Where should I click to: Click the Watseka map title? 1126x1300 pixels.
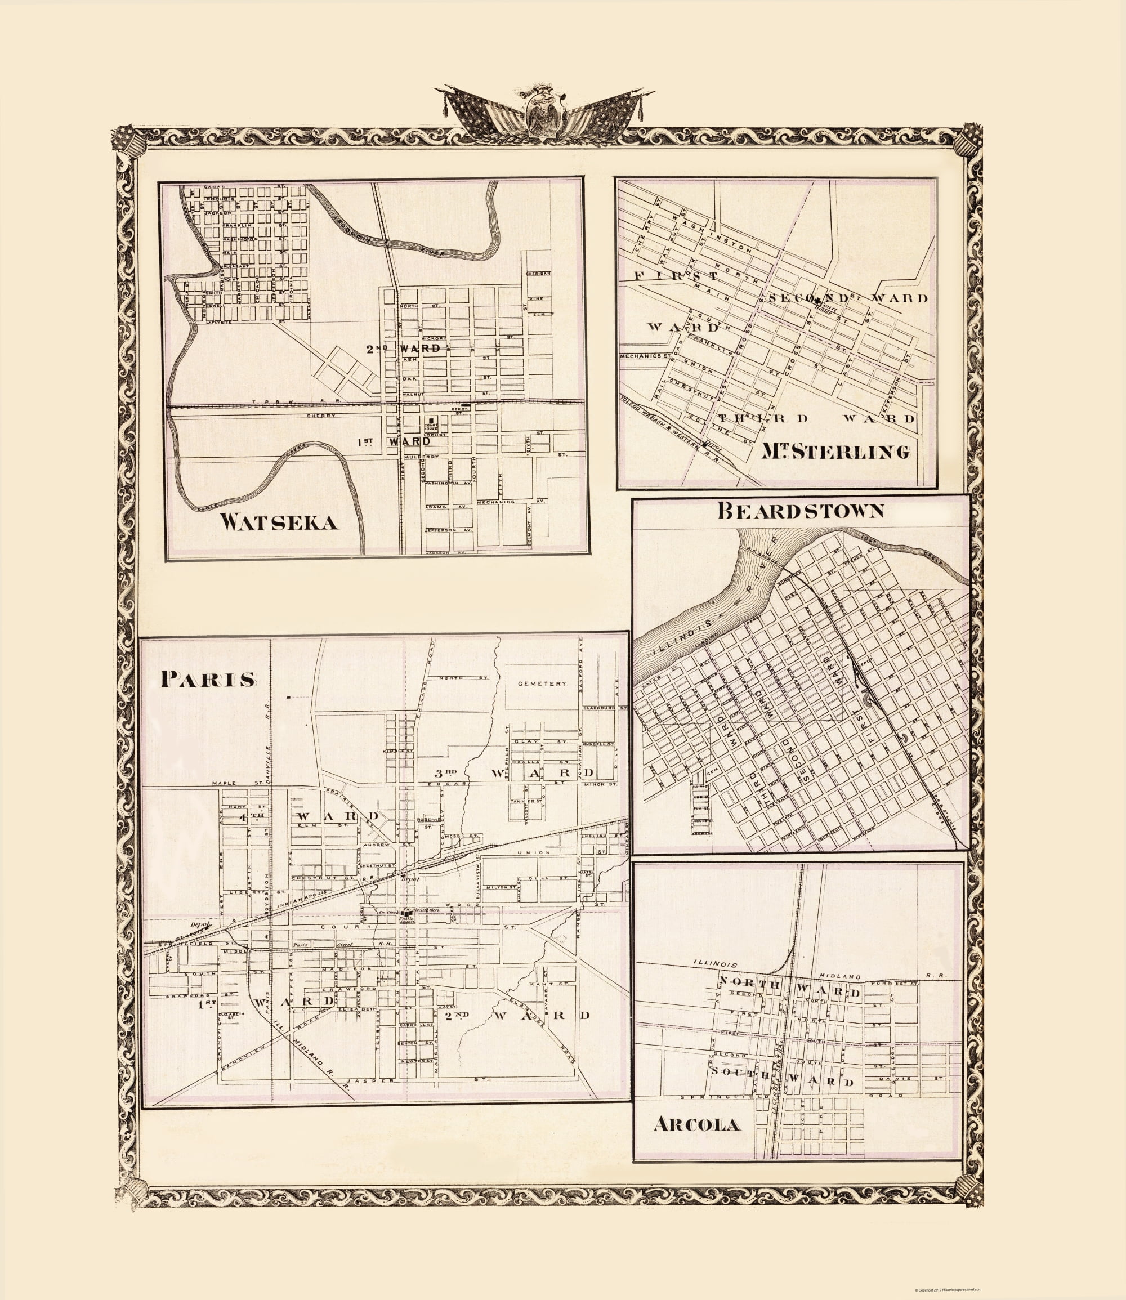click(x=279, y=522)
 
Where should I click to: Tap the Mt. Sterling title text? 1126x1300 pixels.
click(x=835, y=451)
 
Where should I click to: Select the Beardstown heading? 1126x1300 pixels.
click(x=801, y=511)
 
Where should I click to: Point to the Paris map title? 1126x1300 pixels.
click(x=208, y=679)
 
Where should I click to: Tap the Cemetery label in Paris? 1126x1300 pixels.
click(x=542, y=683)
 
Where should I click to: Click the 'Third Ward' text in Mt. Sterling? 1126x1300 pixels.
click(x=817, y=418)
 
